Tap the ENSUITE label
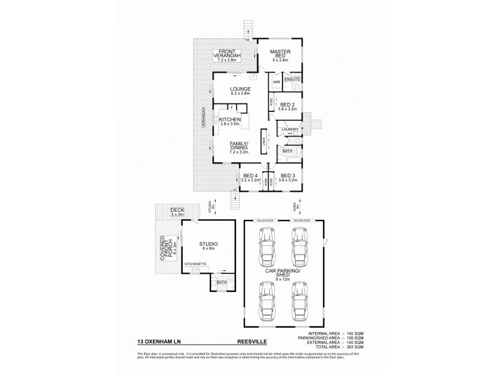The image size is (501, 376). pos(292,80)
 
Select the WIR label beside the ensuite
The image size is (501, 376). pos(276,82)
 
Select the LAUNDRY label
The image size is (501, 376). pos(289,130)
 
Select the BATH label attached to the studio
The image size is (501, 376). pos(221,282)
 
